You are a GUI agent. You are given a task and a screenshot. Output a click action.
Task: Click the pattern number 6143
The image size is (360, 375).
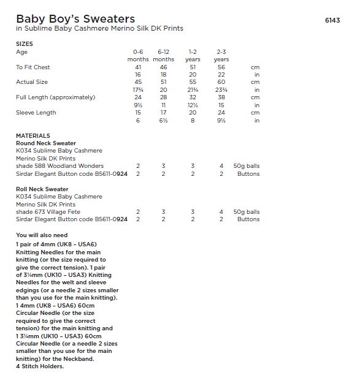[x=332, y=20]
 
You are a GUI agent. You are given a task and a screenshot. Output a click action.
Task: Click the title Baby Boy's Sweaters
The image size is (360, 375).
[x=75, y=19]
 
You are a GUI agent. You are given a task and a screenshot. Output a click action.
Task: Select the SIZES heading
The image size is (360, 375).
[x=25, y=44]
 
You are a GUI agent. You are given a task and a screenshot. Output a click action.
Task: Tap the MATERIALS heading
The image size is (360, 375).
[x=33, y=135]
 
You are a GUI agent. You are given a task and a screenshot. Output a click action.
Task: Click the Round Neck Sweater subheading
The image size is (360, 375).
[x=46, y=143]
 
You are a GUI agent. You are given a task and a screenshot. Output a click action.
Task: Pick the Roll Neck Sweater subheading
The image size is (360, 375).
[x=42, y=189]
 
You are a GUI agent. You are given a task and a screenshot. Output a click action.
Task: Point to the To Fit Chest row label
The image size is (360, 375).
[x=33, y=67]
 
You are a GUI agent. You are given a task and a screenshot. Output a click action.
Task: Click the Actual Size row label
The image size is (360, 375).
[x=32, y=82]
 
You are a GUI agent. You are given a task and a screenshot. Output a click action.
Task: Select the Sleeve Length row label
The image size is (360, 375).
[x=36, y=113]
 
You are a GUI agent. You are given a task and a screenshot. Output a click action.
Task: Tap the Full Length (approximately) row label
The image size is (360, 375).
[x=56, y=97]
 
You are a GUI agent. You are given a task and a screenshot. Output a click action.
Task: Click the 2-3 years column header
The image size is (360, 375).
[x=221, y=56]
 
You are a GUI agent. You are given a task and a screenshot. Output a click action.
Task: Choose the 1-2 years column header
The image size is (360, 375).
[x=193, y=56]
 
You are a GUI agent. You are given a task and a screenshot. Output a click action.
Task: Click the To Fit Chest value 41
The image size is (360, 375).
[x=138, y=67]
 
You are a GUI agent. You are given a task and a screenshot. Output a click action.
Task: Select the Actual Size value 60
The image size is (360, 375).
[x=221, y=82]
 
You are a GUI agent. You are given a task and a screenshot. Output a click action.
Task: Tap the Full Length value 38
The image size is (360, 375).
[x=221, y=97]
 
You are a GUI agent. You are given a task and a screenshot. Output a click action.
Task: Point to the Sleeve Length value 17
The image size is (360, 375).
[x=164, y=113]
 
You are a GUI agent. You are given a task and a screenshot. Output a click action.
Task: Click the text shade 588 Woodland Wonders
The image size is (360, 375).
[x=59, y=166]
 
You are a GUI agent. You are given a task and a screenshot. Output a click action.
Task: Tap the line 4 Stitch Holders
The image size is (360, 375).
[x=40, y=366]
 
